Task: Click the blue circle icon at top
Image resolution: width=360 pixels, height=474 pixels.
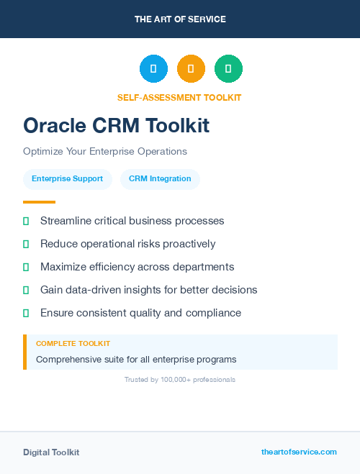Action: tap(153, 69)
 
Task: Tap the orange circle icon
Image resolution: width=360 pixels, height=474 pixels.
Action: tap(191, 69)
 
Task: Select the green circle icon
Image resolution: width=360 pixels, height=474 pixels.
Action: tap(228, 69)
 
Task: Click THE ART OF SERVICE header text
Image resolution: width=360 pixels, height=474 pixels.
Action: tap(180, 19)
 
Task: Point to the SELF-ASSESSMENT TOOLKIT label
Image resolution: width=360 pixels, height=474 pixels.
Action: tap(179, 97)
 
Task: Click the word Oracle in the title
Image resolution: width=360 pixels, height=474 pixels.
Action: tap(55, 126)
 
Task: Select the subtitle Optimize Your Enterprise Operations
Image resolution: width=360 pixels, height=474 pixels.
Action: tap(105, 151)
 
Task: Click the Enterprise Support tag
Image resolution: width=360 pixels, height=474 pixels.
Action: tap(67, 178)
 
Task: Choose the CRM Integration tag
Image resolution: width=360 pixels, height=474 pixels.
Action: tap(160, 178)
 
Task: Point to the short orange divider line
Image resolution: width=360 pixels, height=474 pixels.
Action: tap(39, 202)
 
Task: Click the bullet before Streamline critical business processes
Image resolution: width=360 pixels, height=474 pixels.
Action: tap(26, 222)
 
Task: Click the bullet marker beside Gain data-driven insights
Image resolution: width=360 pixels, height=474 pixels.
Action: tap(26, 291)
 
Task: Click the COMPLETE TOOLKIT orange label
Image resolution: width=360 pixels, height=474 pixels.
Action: tap(73, 344)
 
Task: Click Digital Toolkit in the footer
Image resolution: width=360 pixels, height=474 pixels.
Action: tap(51, 452)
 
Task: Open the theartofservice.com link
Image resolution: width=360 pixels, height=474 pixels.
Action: tap(299, 452)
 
